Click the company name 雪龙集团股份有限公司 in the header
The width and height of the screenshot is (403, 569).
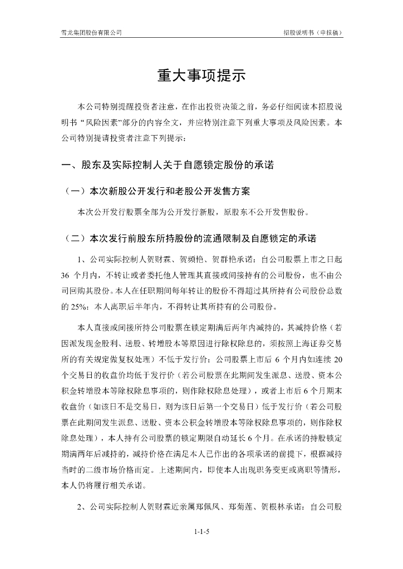(91, 33)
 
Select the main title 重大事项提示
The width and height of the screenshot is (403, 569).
(201, 76)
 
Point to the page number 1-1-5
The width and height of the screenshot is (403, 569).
(201, 531)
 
